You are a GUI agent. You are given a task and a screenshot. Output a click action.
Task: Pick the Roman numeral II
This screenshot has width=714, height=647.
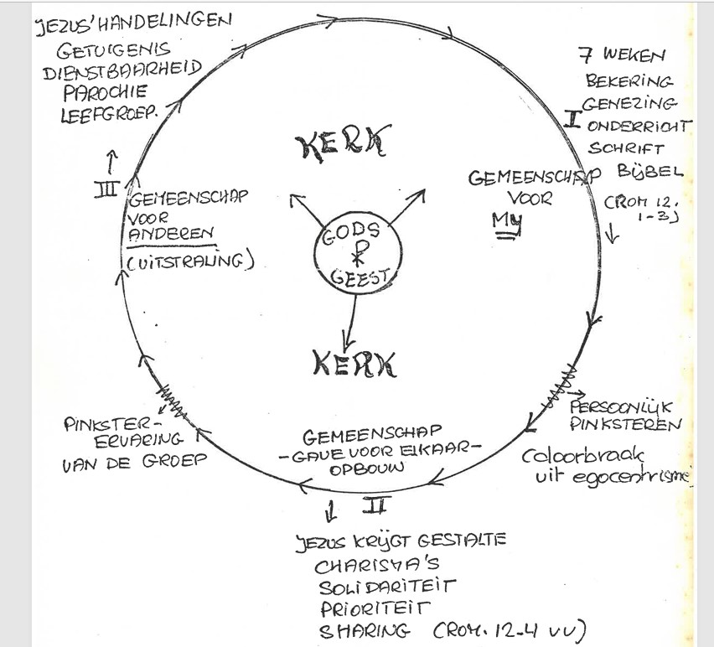tap(373, 505)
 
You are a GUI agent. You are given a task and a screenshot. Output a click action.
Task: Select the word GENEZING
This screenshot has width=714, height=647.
tap(631, 104)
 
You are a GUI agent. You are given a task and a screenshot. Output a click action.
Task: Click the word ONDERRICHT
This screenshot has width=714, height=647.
tap(640, 125)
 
